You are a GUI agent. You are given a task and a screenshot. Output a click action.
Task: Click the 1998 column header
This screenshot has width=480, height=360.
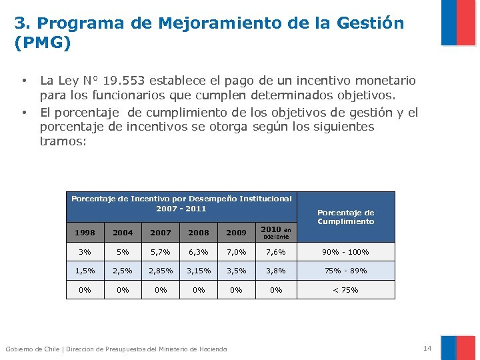(85, 233)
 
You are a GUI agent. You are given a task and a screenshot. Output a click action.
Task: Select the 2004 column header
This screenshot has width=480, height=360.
(123, 233)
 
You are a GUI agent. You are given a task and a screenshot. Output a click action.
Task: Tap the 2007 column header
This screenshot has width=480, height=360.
(161, 233)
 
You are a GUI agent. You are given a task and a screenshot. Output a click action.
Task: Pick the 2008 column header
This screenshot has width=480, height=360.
(199, 233)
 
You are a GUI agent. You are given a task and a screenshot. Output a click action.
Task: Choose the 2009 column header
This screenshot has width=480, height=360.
(237, 233)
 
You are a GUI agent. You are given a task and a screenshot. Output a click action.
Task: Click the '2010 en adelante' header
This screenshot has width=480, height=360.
(276, 232)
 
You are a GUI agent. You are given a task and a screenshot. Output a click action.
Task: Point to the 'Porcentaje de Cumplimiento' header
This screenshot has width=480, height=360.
(345, 217)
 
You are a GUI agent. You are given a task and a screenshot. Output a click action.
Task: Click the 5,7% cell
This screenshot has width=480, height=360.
(161, 252)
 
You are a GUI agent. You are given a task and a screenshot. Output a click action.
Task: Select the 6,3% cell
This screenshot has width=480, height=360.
(199, 252)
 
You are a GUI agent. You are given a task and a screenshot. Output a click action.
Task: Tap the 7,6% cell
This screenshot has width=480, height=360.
(276, 252)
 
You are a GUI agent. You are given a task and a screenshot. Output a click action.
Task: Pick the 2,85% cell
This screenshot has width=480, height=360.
(161, 271)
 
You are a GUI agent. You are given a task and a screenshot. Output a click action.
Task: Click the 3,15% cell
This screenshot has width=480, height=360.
(199, 271)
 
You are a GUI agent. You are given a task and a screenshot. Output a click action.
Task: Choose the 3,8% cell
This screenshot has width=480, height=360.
(276, 271)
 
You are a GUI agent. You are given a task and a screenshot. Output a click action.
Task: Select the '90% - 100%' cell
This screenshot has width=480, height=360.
(345, 252)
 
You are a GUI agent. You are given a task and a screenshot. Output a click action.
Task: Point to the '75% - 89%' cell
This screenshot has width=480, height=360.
(345, 271)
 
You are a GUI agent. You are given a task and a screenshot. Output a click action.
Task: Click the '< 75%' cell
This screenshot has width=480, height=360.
(345, 290)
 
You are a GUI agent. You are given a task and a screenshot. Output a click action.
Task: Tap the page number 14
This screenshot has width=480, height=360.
(427, 349)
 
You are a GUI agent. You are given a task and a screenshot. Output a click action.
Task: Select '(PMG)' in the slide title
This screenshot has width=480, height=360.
(42, 43)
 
